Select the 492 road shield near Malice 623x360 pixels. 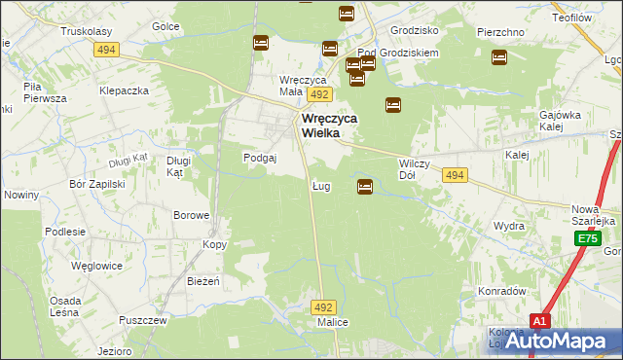pyautogui.click(x=324, y=306)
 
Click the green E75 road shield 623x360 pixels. pyautogui.click(x=586, y=238)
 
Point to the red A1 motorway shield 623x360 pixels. pyautogui.click(x=542, y=320)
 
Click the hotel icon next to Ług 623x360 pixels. pyautogui.click(x=365, y=186)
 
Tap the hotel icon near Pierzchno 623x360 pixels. pyautogui.click(x=499, y=57)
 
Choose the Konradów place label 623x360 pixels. pyautogui.click(x=501, y=291)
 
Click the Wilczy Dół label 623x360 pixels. pyautogui.click(x=415, y=170)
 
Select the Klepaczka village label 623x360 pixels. pyautogui.click(x=124, y=90)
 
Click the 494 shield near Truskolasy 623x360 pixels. pyautogui.click(x=107, y=50)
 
